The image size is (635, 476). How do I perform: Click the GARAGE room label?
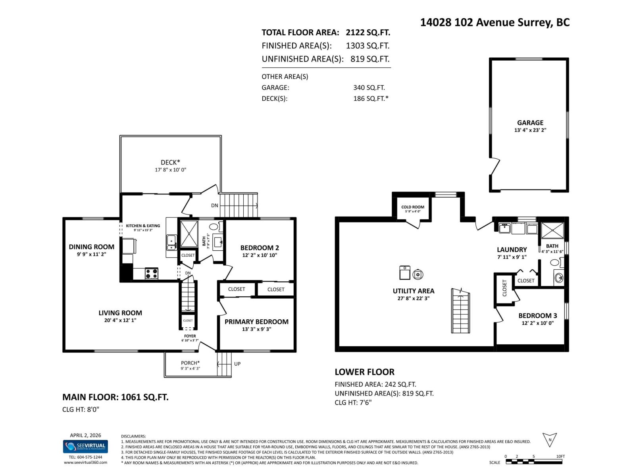tap(530, 123)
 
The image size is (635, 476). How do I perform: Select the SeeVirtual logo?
tap(85, 446)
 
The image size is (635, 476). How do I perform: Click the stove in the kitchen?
tap(151, 274)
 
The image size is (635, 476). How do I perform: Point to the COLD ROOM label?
tap(412, 207)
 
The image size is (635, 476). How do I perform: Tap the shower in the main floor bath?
tap(189, 234)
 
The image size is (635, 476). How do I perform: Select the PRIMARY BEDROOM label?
tap(256, 322)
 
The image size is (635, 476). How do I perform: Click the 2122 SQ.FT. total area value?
tap(368, 33)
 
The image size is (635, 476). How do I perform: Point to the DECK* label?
tap(170, 162)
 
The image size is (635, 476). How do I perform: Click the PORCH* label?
tap(190, 363)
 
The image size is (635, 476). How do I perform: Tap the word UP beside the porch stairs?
tap(237, 364)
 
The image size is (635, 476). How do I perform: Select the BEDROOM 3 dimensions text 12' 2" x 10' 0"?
tap(537, 323)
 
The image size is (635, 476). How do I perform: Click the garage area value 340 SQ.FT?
tap(369, 88)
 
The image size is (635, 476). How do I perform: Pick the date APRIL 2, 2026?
tap(85, 435)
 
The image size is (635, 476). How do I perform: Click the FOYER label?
tap(190, 336)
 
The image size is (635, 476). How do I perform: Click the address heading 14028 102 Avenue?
tap(495, 22)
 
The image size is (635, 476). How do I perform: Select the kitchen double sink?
tap(171, 242)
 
